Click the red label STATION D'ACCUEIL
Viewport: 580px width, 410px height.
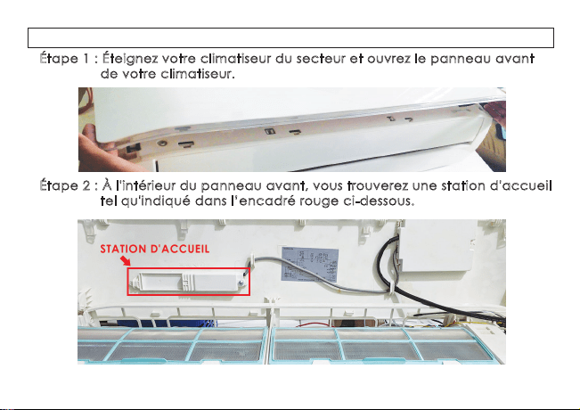[x=155, y=249]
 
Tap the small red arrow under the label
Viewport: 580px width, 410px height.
[x=126, y=260]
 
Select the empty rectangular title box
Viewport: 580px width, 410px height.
[x=290, y=37]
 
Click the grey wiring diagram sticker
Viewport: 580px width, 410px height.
[x=310, y=265]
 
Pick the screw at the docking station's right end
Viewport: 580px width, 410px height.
[x=241, y=283]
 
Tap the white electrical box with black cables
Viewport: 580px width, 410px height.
[x=437, y=245]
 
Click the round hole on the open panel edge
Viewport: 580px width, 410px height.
[x=161, y=143]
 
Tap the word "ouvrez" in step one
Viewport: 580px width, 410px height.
[x=388, y=59]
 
